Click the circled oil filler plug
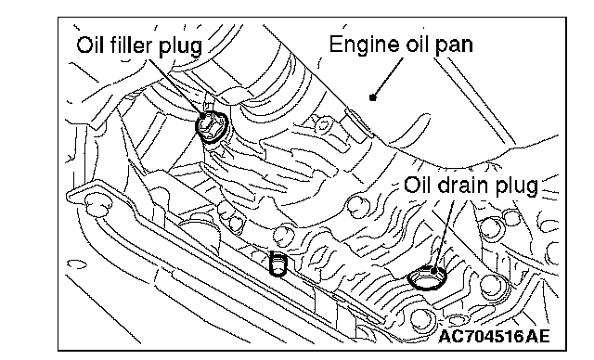click(212, 127)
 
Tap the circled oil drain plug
click(427, 277)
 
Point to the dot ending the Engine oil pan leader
click(373, 97)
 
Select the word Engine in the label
click(363, 45)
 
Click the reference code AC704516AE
click(494, 336)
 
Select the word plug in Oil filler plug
click(180, 47)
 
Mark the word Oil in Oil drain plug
click(418, 186)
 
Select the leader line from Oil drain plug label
click(445, 234)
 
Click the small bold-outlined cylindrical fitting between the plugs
click(278, 264)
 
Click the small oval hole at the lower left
click(76, 264)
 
